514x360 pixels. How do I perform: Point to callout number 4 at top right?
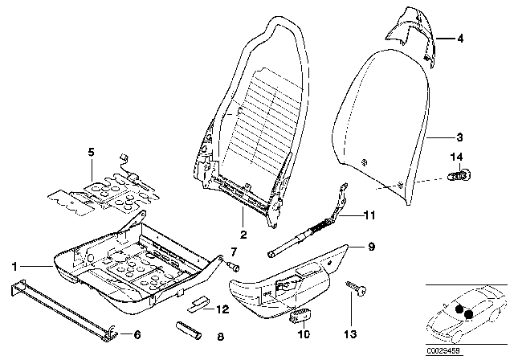click(460, 39)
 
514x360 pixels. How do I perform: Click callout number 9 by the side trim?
click(372, 247)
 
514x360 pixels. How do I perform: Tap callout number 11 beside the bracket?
click(369, 215)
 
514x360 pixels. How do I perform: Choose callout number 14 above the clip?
click(457, 156)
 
